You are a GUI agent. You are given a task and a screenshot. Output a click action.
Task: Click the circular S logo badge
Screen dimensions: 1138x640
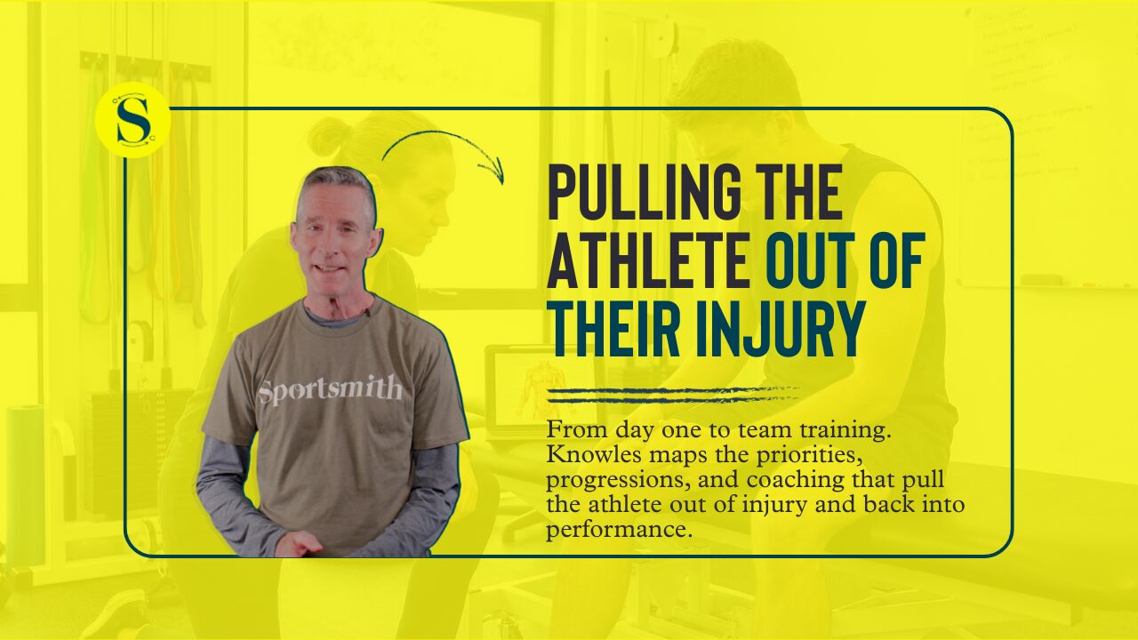click(132, 120)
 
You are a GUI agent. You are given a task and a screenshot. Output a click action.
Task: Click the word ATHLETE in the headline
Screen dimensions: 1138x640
click(648, 260)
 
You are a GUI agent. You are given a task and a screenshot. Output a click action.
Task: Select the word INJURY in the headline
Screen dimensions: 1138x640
click(780, 328)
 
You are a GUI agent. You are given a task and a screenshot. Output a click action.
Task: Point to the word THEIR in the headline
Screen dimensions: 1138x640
click(615, 328)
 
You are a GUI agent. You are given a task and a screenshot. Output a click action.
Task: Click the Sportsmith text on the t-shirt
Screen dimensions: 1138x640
click(330, 391)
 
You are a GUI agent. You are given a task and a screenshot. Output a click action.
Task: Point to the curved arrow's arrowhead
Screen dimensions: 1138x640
click(493, 170)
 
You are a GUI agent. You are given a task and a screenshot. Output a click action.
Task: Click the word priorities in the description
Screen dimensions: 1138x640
click(809, 456)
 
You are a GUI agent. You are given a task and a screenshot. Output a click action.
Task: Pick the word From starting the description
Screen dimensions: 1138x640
click(577, 430)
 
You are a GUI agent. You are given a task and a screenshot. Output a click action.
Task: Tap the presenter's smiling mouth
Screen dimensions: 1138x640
click(329, 266)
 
